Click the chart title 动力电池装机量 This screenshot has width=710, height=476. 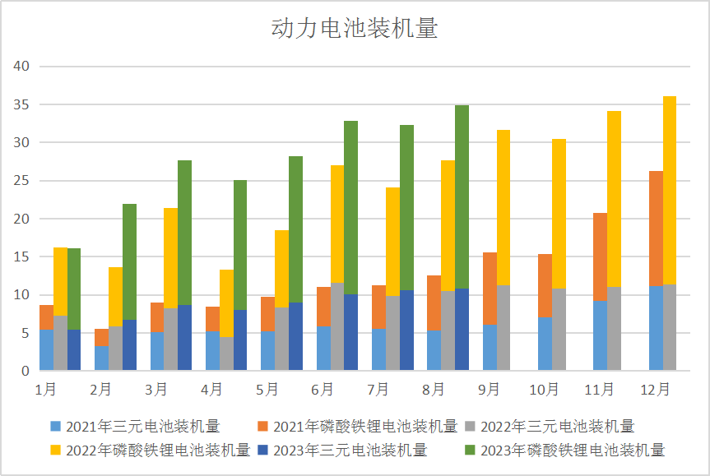pyautogui.click(x=355, y=29)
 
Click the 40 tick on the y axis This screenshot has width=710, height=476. pyautogui.click(x=21, y=67)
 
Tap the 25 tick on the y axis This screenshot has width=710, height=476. pyautogui.click(x=21, y=181)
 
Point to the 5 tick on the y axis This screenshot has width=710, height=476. pyautogui.click(x=25, y=333)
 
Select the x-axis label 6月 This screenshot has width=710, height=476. pyautogui.click(x=323, y=388)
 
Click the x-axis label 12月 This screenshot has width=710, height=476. pyautogui.click(x=656, y=388)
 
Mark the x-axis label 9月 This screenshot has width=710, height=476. pyautogui.click(x=490, y=388)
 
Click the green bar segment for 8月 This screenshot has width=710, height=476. pyautogui.click(x=462, y=197)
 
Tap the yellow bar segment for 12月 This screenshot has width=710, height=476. pyautogui.click(x=670, y=190)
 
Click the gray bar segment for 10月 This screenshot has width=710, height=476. pyautogui.click(x=559, y=330)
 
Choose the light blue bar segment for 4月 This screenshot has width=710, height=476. pyautogui.click(x=212, y=351)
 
